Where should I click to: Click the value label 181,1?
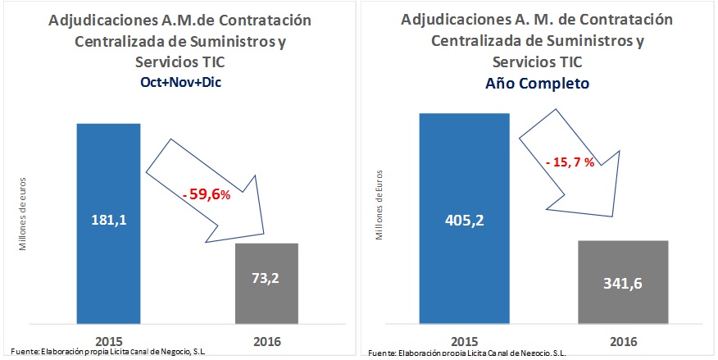109,222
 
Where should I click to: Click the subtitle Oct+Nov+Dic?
179,81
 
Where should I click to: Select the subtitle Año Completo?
536,83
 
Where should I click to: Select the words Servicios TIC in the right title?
536,62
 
